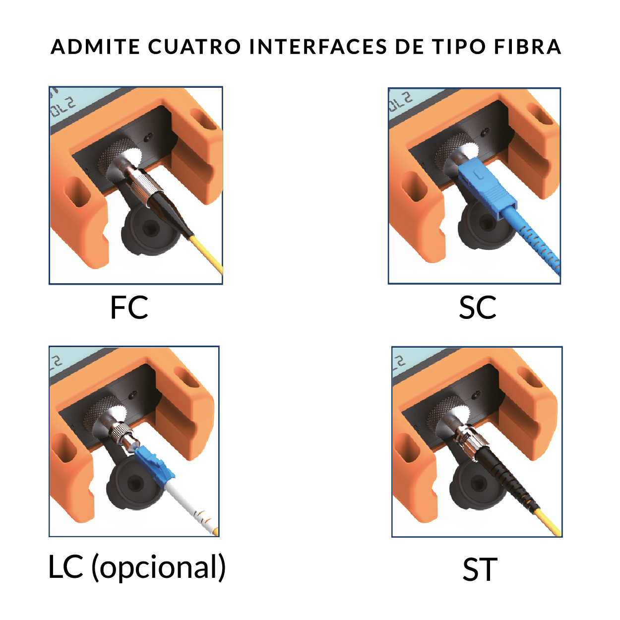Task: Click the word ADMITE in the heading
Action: (x=95, y=47)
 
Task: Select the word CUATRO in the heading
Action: (x=194, y=47)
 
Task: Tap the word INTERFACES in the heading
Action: (x=318, y=47)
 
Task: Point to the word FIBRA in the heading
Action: (x=528, y=47)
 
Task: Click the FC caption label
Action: (x=129, y=307)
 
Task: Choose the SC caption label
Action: (x=478, y=307)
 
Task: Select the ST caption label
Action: (x=480, y=569)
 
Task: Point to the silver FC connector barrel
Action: (x=139, y=184)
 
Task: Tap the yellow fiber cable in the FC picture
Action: (x=206, y=254)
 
